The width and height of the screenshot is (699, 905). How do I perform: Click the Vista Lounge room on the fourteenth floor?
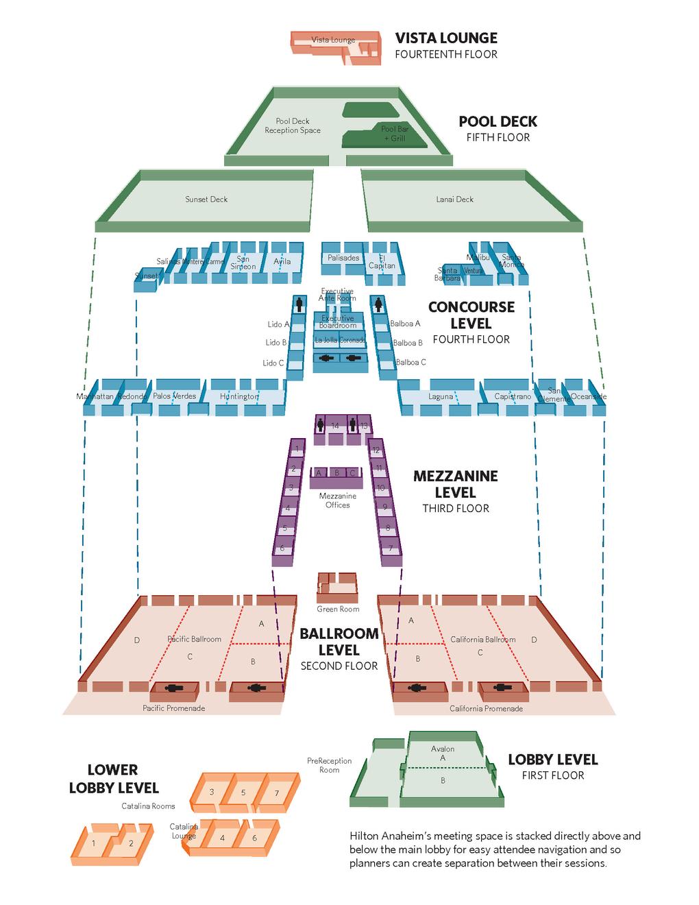334,40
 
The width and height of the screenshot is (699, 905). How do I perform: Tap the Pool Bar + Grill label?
395,134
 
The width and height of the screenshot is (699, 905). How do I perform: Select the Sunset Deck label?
206,200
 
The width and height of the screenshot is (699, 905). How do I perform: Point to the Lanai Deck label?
455,200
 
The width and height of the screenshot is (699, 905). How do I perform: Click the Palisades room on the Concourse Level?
343,258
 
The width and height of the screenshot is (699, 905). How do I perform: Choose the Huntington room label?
239,396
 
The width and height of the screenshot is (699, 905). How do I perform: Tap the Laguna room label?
441,396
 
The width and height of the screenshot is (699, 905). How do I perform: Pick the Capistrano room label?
513,396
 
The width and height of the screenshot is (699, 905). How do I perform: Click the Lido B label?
275,343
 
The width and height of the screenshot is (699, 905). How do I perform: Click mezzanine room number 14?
335,426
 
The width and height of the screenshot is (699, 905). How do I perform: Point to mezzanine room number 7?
391,548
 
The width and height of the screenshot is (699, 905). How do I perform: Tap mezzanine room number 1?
297,449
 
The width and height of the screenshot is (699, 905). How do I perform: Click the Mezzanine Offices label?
338,500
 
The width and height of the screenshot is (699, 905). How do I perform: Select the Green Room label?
338,609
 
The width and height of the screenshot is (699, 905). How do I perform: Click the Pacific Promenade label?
174,708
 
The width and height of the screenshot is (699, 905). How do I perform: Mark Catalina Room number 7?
277,793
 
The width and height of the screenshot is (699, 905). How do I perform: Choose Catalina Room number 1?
94,843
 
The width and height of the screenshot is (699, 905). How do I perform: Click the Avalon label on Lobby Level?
443,749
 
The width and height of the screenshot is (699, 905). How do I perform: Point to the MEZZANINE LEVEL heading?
455,484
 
